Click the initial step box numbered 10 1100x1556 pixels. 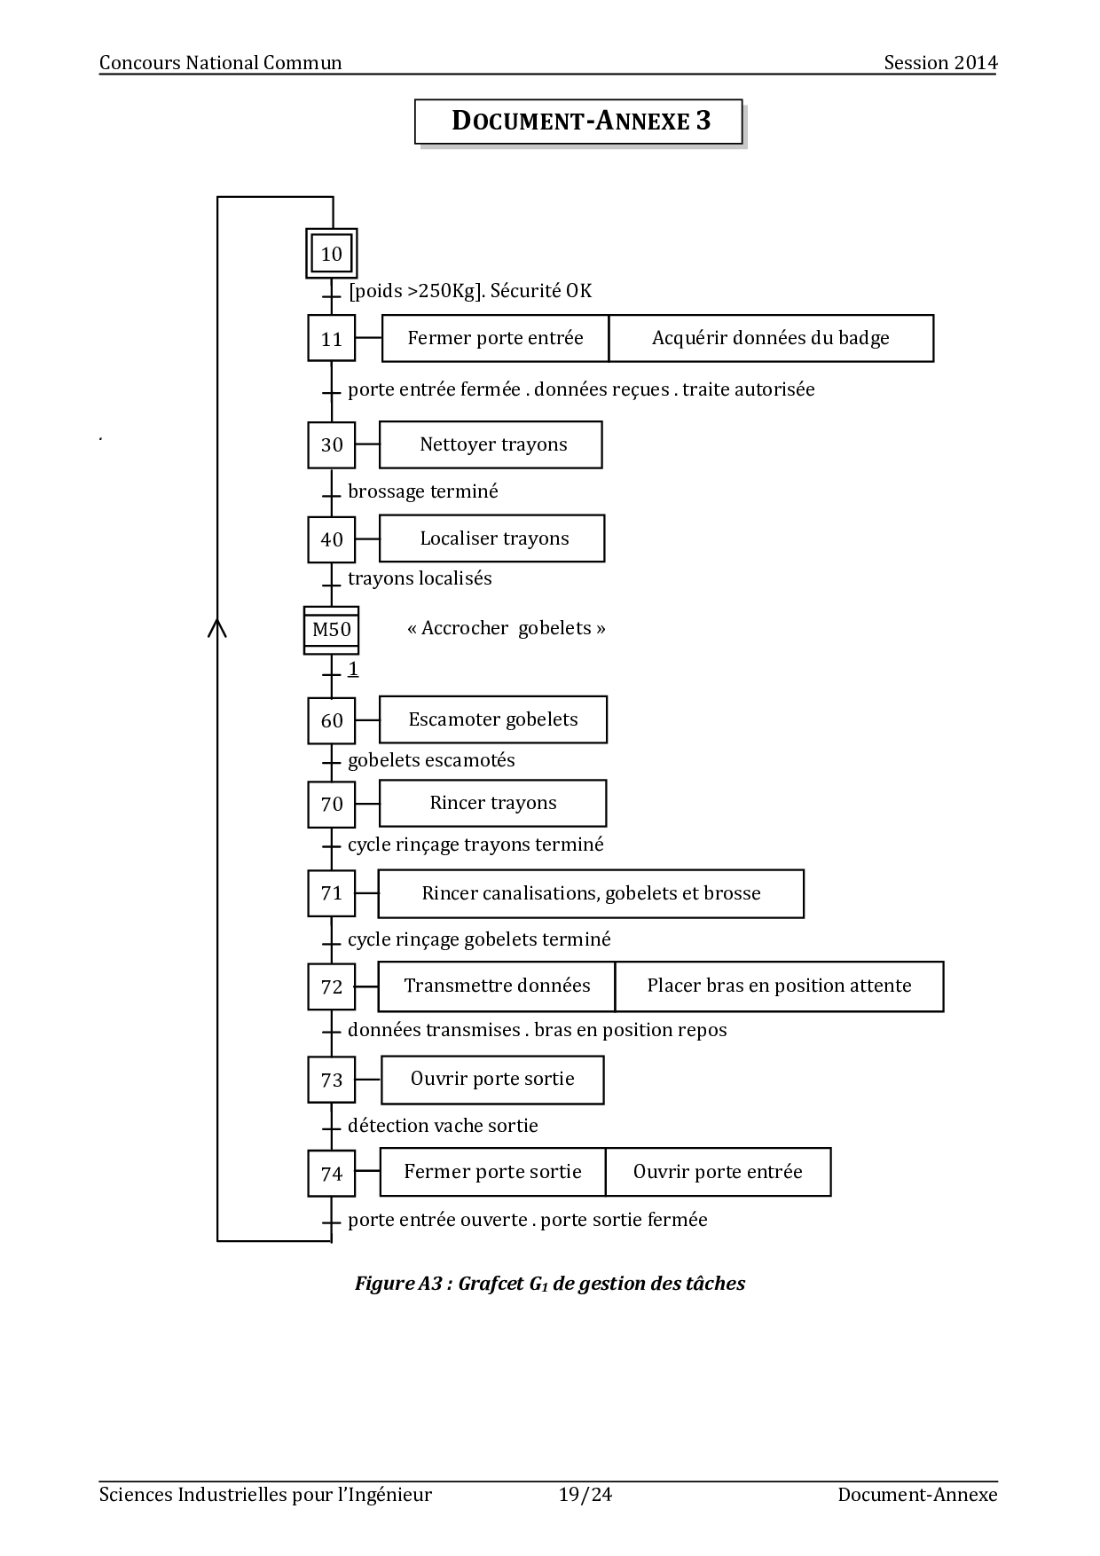pyautogui.click(x=331, y=254)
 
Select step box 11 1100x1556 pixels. pyautogui.click(x=331, y=338)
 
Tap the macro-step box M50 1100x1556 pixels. pyautogui.click(x=331, y=630)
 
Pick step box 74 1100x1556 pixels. pyautogui.click(x=331, y=1174)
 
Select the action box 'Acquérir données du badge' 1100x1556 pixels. pyautogui.click(x=770, y=338)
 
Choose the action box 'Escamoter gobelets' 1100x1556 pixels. pyautogui.click(x=492, y=719)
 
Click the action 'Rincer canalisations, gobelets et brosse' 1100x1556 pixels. pyautogui.click(x=591, y=893)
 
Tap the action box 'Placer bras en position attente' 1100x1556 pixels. pyautogui.click(x=779, y=986)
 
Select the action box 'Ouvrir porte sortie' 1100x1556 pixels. pyautogui.click(x=492, y=1079)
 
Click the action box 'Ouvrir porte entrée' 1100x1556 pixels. pyautogui.click(x=718, y=1172)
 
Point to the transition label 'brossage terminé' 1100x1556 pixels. pyautogui.click(x=423, y=491)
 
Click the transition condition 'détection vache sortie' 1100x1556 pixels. pyautogui.click(x=443, y=1126)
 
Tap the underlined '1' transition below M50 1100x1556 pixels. pyautogui.click(x=353, y=669)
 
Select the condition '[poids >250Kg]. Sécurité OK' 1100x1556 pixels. pyautogui.click(x=470, y=291)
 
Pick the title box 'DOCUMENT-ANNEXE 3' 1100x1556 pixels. pyautogui.click(x=578, y=122)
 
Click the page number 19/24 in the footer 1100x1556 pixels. pyautogui.click(x=585, y=1495)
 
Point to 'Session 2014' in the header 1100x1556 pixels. pyautogui.click(x=940, y=62)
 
